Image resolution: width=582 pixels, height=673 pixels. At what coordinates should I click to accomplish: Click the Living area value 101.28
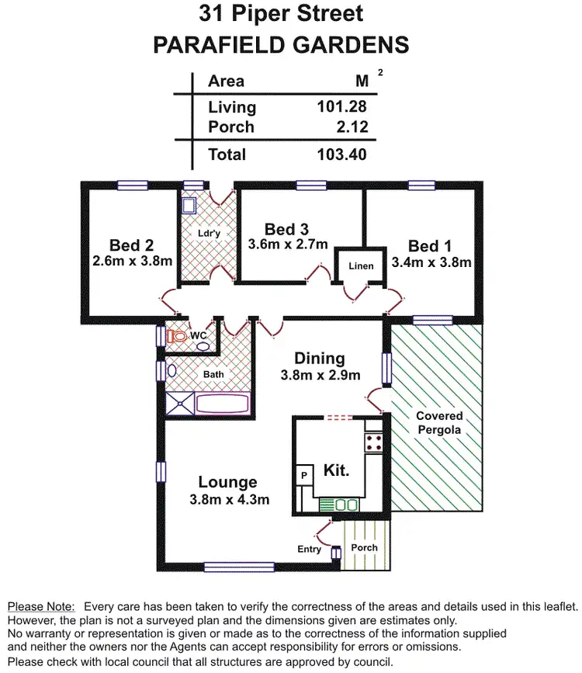341,107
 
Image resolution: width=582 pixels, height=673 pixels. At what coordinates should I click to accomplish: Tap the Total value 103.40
341,154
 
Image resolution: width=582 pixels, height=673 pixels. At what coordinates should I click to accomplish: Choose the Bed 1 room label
424,246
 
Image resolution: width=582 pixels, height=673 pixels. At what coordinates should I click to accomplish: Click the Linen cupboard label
361,266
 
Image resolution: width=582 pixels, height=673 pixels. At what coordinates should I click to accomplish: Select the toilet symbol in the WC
176,337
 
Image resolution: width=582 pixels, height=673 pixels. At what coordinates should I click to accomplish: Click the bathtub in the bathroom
222,404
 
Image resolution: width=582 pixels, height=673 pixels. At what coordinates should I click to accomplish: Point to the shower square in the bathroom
180,403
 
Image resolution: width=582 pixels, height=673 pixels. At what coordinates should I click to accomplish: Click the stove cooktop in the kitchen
373,442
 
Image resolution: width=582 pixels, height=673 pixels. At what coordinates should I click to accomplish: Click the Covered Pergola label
438,422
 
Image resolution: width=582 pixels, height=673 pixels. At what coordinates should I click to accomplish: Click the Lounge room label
227,482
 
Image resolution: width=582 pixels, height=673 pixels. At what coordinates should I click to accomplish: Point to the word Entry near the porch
310,550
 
